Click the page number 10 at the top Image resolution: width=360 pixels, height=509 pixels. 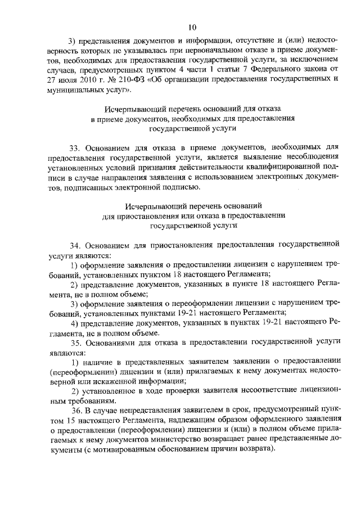pyautogui.click(x=192, y=26)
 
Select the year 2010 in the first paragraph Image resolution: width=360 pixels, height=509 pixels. pyautogui.click(x=85, y=80)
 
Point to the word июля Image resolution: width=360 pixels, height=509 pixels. pyautogui.click(x=63, y=80)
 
